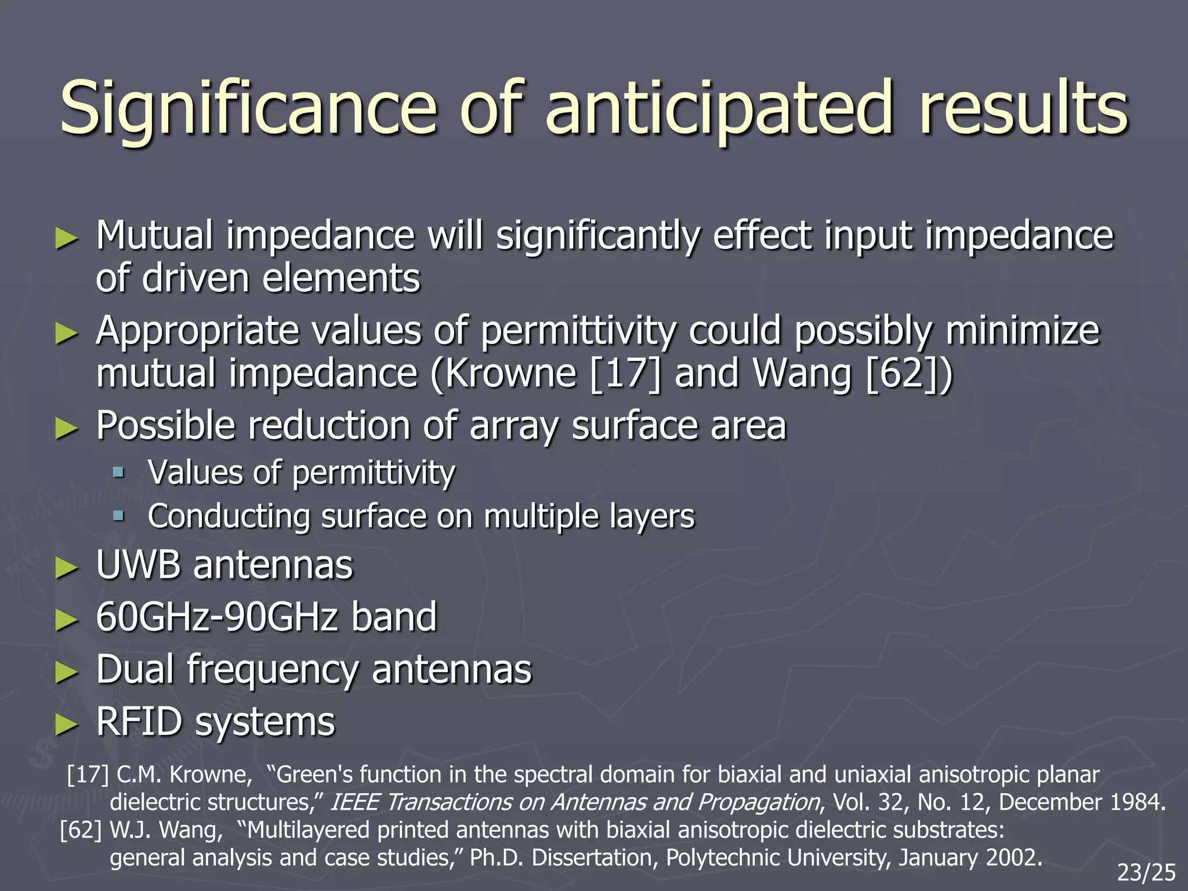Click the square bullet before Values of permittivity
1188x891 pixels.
[x=119, y=472]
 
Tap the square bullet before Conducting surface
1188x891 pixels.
[x=119, y=516]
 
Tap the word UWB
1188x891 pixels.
[x=138, y=565]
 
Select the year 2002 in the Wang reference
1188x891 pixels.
[x=1012, y=857]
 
